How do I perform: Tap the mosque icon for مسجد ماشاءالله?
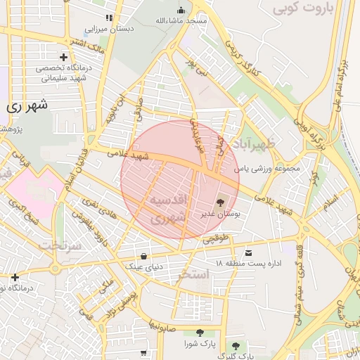[x=181, y=11]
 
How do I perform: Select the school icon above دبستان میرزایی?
[x=108, y=18]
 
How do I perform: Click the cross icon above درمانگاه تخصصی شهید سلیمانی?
[x=64, y=57]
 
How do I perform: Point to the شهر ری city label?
[x=29, y=106]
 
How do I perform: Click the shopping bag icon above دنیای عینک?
[x=144, y=255]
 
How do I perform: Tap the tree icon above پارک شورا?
[x=200, y=333]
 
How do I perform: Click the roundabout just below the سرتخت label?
[x=56, y=268]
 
